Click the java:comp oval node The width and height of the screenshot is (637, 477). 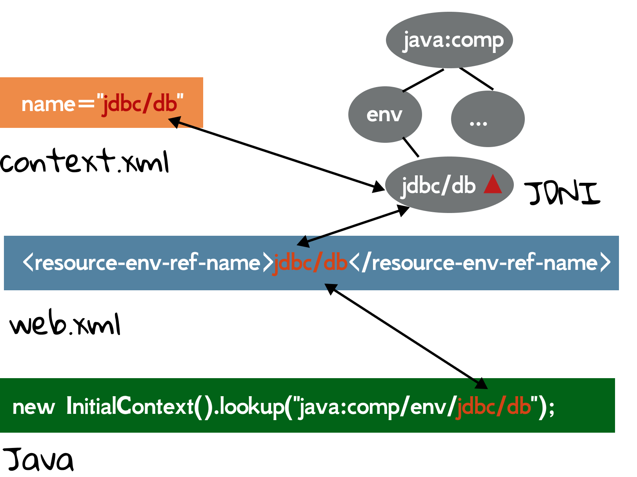pyautogui.click(x=450, y=40)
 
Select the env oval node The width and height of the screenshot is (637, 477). pyautogui.click(x=385, y=115)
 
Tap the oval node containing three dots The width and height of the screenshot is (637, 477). pyautogui.click(x=488, y=119)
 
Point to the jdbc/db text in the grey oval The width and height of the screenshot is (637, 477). pyautogui.click(x=438, y=186)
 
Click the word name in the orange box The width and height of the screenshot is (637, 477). pyautogui.click(x=48, y=104)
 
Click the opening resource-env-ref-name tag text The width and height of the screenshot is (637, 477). pyautogui.click(x=147, y=263)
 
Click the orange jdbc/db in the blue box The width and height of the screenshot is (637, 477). pyautogui.click(x=310, y=263)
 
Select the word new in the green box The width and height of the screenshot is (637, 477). pyautogui.click(x=33, y=407)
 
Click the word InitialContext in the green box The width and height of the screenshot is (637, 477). pyautogui.click(x=130, y=406)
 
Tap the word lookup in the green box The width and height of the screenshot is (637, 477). pyautogui.click(x=251, y=406)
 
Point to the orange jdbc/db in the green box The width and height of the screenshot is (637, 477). pyautogui.click(x=493, y=406)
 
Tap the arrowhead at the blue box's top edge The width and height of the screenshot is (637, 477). pyautogui.click(x=303, y=242)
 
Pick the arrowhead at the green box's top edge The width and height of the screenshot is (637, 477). pyautogui.click(x=482, y=384)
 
